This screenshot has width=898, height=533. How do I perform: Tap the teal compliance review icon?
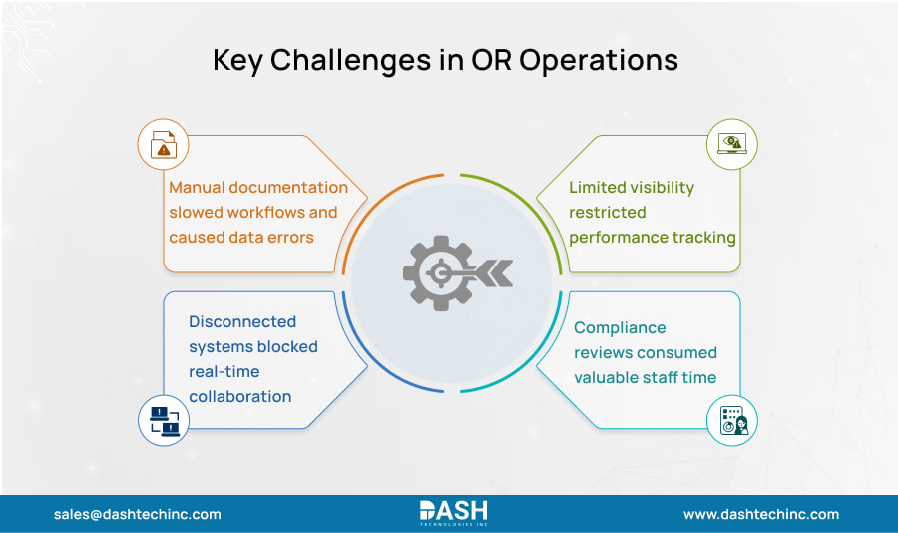pyautogui.click(x=732, y=421)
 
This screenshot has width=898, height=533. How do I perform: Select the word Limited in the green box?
pyautogui.click(x=602, y=187)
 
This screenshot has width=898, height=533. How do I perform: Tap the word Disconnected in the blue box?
pyautogui.click(x=242, y=321)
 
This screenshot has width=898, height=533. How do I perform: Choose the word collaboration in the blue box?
pyautogui.click(x=239, y=396)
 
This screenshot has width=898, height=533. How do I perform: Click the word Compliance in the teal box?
pyautogui.click(x=619, y=327)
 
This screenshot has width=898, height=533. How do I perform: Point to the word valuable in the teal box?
pyautogui.click(x=609, y=377)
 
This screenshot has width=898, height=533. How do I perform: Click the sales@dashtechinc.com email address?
pyautogui.click(x=138, y=514)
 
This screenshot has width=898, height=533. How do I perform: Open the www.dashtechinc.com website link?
pyautogui.click(x=760, y=514)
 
